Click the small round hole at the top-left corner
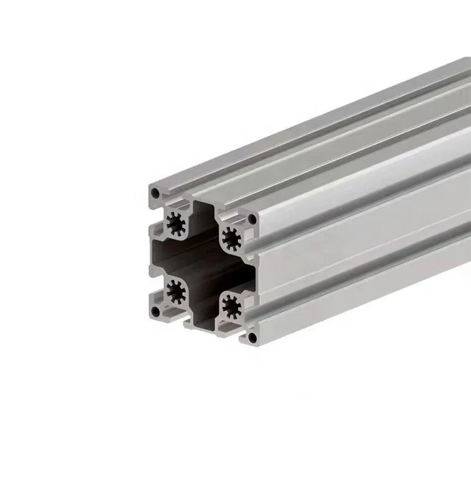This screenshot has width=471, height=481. tap(154, 191)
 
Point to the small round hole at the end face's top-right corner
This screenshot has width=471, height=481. tap(252, 219)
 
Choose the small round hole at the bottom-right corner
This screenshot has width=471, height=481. tap(252, 338)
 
